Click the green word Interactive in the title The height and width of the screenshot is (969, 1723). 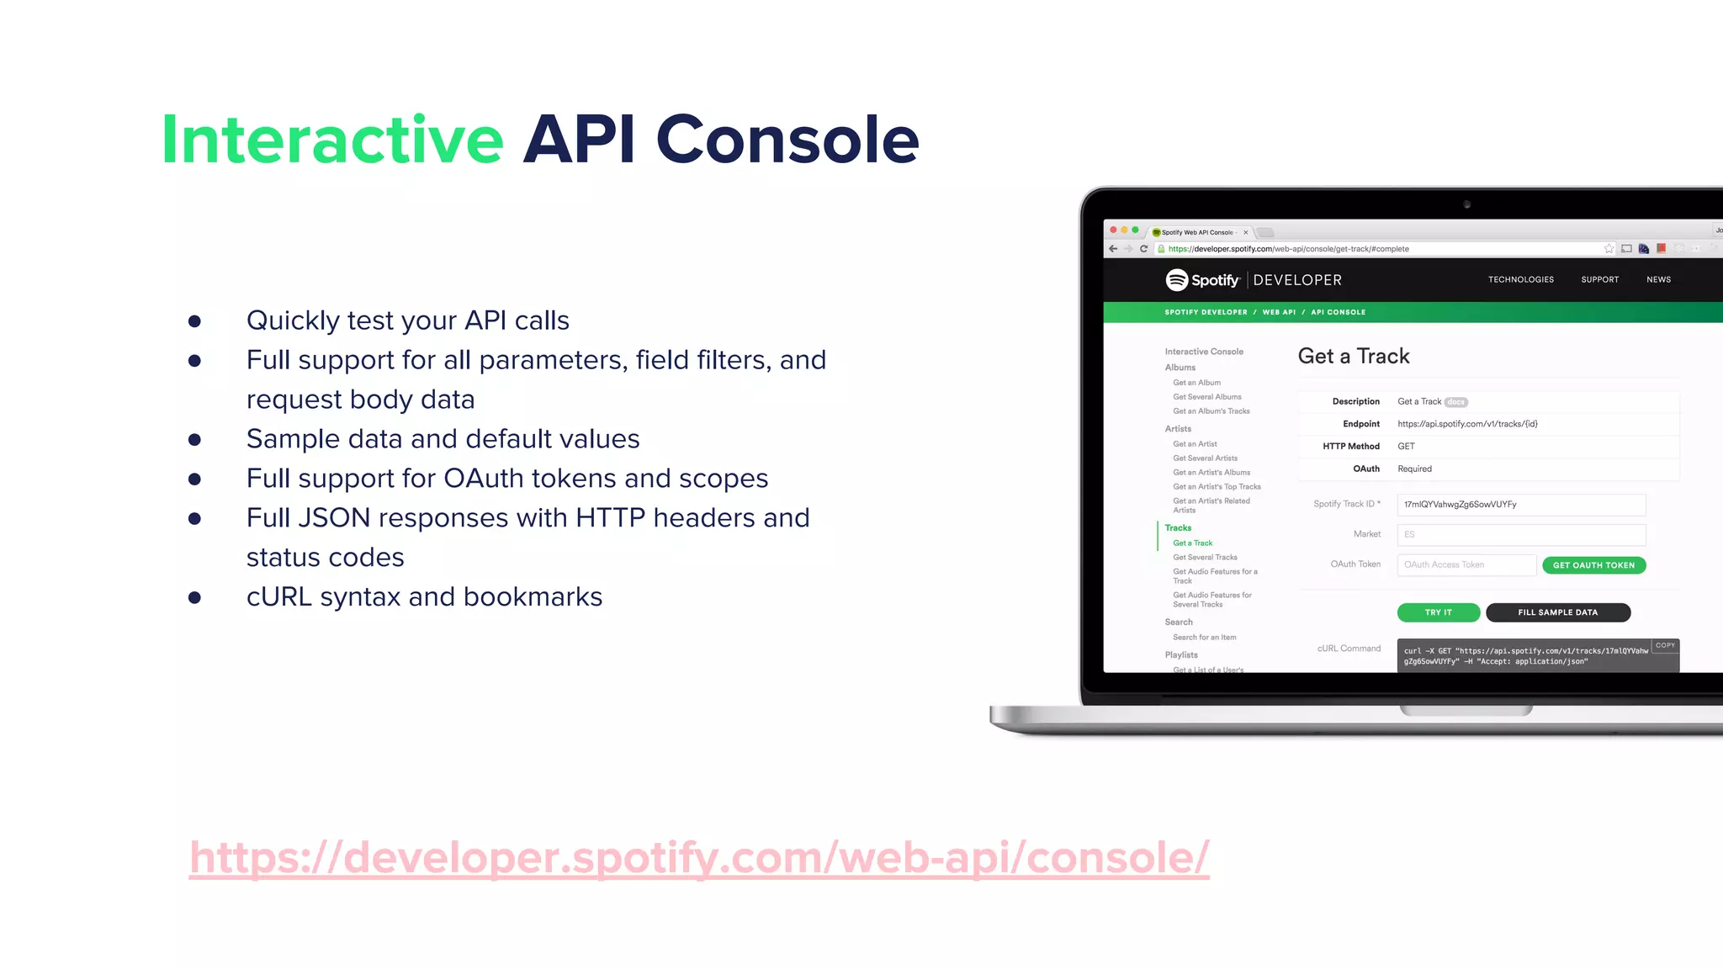click(x=332, y=140)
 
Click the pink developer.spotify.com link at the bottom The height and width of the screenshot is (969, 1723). click(x=699, y=858)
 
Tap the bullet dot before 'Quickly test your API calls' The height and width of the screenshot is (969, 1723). click(x=194, y=321)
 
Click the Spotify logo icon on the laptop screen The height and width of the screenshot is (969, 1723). click(x=1176, y=279)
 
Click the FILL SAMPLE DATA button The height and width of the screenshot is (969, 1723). click(x=1557, y=612)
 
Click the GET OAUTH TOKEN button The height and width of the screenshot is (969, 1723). click(x=1593, y=565)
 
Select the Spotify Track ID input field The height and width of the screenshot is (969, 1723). click(x=1520, y=505)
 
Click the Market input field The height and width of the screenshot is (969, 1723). click(x=1520, y=535)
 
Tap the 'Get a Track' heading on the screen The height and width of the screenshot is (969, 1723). click(x=1353, y=357)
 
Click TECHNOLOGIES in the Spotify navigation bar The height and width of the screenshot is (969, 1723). click(x=1520, y=279)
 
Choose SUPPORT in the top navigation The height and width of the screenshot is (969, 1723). click(x=1599, y=279)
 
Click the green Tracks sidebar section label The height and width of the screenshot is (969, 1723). click(x=1178, y=528)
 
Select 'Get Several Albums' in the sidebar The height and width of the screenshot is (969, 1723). click(x=1206, y=397)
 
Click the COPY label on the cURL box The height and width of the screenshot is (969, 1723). click(x=1665, y=645)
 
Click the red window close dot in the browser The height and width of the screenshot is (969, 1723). click(x=1113, y=230)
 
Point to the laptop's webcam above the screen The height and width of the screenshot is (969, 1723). click(x=1466, y=204)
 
